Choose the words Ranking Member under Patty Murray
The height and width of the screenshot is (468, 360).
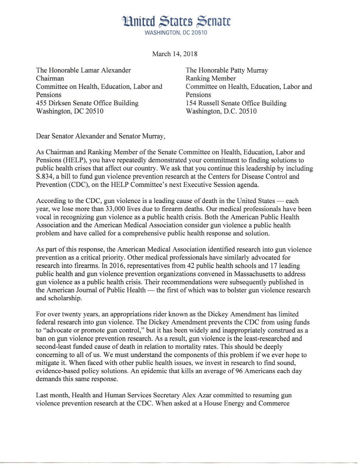[211, 78]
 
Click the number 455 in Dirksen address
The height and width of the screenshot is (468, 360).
[42, 103]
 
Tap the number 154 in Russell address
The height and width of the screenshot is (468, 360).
[192, 103]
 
